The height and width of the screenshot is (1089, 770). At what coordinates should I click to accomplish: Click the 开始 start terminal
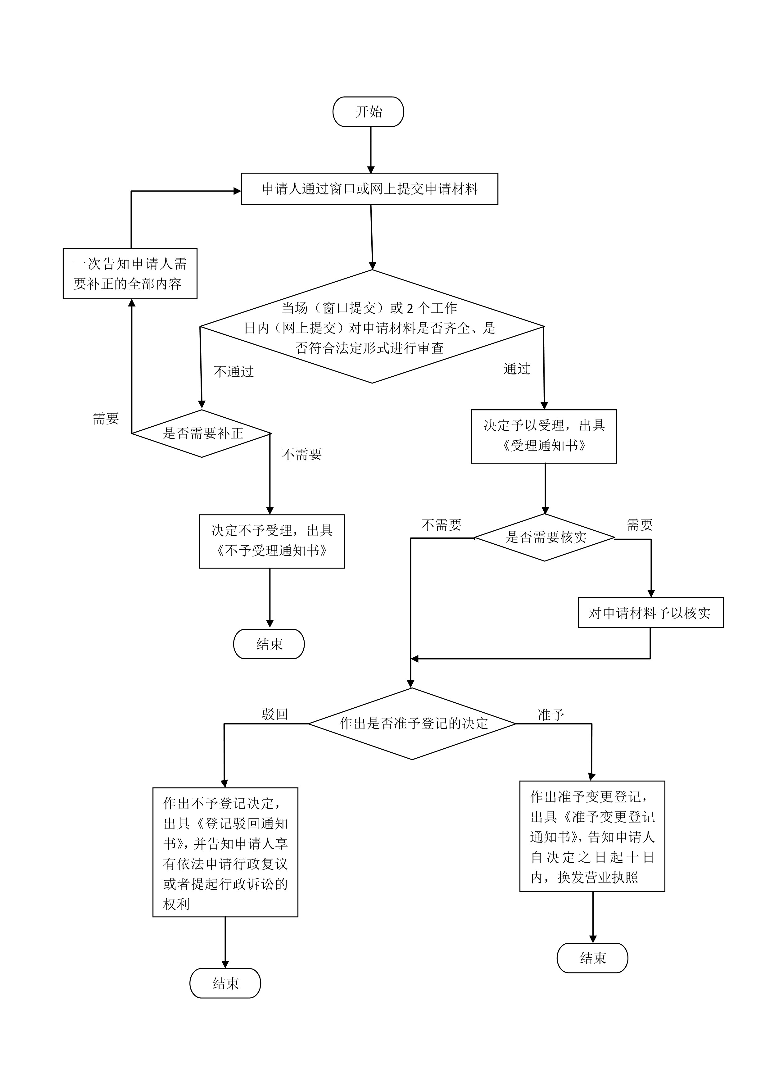click(369, 111)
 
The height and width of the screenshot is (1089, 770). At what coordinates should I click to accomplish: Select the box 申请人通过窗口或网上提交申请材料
click(369, 189)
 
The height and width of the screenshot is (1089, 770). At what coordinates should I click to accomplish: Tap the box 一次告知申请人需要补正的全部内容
click(130, 274)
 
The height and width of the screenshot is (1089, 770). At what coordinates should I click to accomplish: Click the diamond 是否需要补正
click(202, 433)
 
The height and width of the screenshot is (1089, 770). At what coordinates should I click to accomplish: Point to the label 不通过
click(234, 371)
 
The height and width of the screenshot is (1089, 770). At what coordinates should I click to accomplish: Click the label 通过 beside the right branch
click(517, 369)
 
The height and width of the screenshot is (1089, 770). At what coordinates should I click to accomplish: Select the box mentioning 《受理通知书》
click(544, 436)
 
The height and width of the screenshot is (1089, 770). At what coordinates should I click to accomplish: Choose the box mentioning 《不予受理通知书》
click(272, 541)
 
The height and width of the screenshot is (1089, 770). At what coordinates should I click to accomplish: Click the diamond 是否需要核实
click(545, 538)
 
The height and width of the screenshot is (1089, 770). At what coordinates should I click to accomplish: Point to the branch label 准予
click(550, 715)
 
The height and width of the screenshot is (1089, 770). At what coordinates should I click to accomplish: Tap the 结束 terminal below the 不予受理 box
click(269, 644)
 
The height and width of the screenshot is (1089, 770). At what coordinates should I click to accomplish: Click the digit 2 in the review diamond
click(410, 309)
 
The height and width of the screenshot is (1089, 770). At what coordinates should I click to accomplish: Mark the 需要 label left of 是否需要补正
click(106, 418)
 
